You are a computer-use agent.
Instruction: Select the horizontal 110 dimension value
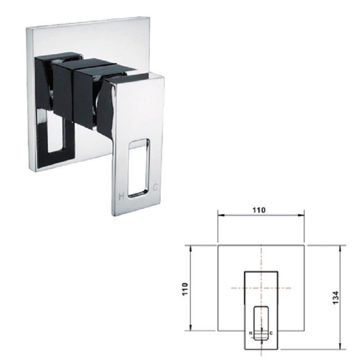[x=259, y=210]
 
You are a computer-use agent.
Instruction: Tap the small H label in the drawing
[x=251, y=333]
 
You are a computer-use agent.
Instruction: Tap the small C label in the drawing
[x=271, y=333]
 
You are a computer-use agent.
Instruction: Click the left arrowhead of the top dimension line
[x=220, y=215]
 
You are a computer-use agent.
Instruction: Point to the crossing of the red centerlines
[x=261, y=288]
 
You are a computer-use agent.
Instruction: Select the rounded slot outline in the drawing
[x=261, y=323]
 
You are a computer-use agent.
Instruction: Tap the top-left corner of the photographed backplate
[x=27, y=28]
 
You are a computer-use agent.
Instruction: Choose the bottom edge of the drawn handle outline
[x=261, y=349]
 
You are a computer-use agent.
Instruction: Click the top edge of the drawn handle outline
[x=261, y=271]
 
